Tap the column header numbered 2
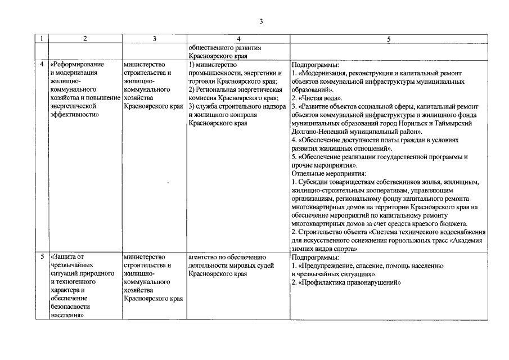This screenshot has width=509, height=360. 85,39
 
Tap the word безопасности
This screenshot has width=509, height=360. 70,307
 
